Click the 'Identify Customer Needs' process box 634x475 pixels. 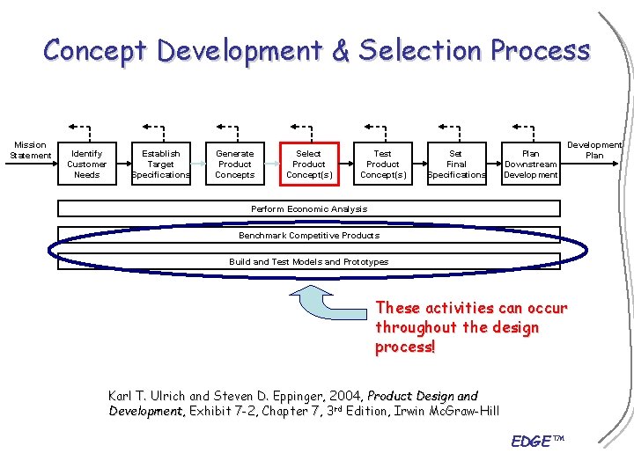87,164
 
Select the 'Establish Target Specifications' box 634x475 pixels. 160,164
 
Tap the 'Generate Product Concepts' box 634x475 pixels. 234,164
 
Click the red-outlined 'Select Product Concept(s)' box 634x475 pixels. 308,164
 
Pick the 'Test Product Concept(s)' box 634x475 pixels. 383,164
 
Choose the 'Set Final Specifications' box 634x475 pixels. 456,164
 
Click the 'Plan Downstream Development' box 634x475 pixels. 530,164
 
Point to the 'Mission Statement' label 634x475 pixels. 30,150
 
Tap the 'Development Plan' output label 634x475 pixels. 594,150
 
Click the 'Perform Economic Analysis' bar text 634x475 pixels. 309,208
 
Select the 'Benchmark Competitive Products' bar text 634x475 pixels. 309,235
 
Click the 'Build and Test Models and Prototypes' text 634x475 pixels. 309,261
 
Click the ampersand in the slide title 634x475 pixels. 341,50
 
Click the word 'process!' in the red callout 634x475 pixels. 405,347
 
